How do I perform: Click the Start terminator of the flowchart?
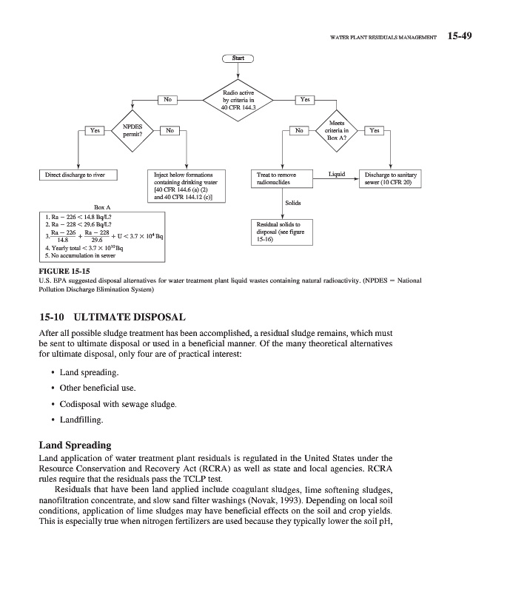click(238, 58)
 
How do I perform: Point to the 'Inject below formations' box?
click(184, 186)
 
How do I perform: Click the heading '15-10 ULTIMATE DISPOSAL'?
click(112, 317)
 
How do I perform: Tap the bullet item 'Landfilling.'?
click(81, 420)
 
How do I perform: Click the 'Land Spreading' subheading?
click(75, 445)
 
